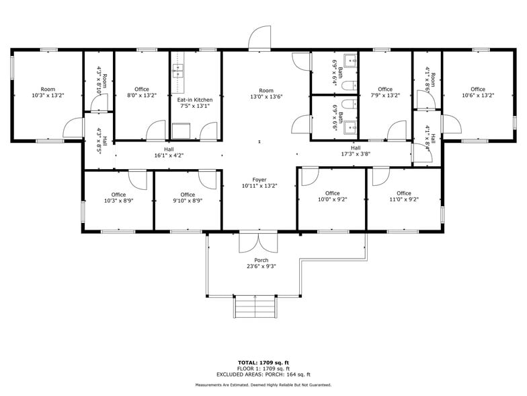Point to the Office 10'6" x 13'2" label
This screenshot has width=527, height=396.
tap(478, 92)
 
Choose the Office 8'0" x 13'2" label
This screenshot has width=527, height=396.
tap(141, 92)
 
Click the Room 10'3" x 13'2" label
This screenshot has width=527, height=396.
tap(48, 92)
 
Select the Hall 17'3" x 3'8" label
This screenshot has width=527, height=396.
tap(356, 150)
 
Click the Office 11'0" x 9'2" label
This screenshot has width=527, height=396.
tap(403, 196)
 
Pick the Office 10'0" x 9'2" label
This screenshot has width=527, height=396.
tap(332, 196)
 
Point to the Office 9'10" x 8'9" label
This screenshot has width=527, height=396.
tap(188, 197)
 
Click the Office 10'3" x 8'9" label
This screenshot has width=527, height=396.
tap(118, 197)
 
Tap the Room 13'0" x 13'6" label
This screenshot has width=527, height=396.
tap(267, 94)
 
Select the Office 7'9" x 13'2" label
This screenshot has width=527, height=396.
tap(385, 92)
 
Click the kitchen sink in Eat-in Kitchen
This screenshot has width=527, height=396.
tap(180, 68)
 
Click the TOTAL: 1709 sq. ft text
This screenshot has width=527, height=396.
tap(263, 363)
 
